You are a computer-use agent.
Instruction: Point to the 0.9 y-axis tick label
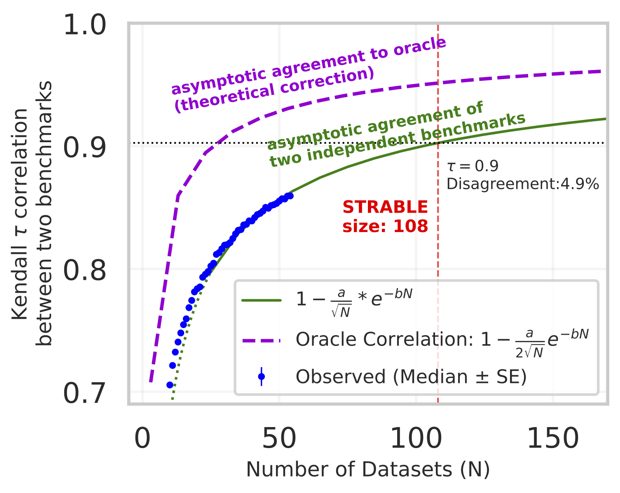(84, 148)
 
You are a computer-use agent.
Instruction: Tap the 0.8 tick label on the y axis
(84, 272)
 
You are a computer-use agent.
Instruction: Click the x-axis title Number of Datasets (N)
(368, 470)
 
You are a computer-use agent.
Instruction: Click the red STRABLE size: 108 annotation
(385, 217)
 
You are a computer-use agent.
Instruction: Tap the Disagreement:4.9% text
(522, 184)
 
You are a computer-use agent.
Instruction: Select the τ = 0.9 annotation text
(473, 166)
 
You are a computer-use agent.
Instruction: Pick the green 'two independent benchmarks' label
(398, 140)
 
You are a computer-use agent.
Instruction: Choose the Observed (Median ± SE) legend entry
(411, 377)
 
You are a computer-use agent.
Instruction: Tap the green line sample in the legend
(261, 300)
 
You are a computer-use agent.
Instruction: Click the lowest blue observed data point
(170, 385)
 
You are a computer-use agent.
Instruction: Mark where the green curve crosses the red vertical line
(438, 143)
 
